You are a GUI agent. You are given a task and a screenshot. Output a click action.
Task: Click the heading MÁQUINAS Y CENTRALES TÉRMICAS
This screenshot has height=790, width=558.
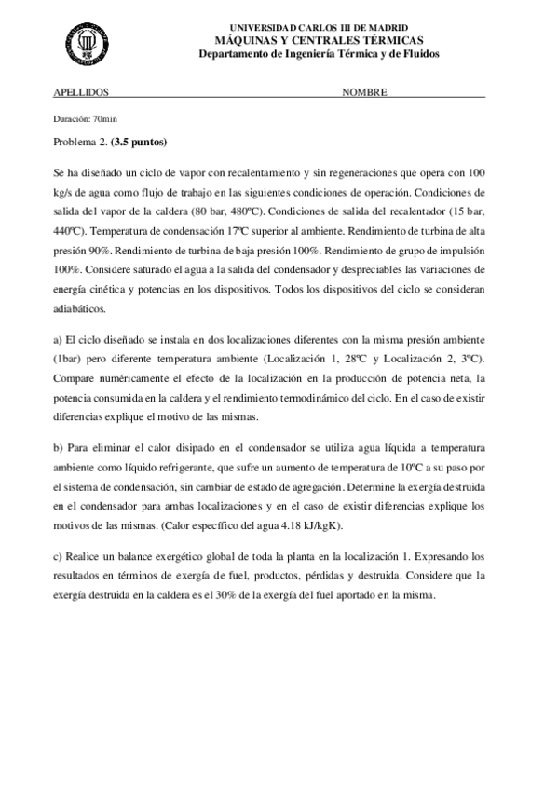pyautogui.click(x=319, y=41)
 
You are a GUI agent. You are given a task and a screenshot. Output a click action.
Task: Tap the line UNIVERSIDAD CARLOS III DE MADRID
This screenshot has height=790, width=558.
pyautogui.click(x=319, y=29)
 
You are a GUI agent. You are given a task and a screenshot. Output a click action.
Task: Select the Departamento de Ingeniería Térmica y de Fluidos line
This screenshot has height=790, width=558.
pyautogui.click(x=319, y=54)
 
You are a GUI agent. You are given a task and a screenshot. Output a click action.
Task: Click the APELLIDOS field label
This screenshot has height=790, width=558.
pyautogui.click(x=81, y=94)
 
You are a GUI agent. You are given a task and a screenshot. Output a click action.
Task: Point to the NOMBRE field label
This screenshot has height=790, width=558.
pyautogui.click(x=364, y=94)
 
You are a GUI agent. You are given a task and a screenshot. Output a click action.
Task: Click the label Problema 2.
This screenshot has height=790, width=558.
pyautogui.click(x=80, y=143)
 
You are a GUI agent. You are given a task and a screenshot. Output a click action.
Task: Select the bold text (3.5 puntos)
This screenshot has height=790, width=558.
pyautogui.click(x=139, y=143)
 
